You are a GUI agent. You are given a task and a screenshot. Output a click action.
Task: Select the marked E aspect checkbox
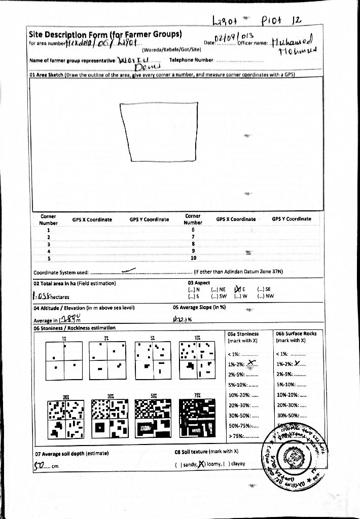coord(237,289)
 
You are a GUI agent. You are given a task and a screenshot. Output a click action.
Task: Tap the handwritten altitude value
coord(70,319)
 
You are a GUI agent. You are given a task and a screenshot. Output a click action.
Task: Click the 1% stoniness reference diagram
coord(64,361)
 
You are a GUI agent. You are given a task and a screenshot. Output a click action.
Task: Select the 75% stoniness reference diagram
coord(198,419)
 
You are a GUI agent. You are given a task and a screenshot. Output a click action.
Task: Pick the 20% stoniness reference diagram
coord(64,419)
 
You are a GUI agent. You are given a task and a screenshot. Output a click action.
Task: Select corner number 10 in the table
coord(193,257)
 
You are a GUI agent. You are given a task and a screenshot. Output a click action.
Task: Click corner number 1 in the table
coord(49,230)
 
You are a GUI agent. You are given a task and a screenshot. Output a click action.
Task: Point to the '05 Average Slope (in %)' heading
coord(199,307)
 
